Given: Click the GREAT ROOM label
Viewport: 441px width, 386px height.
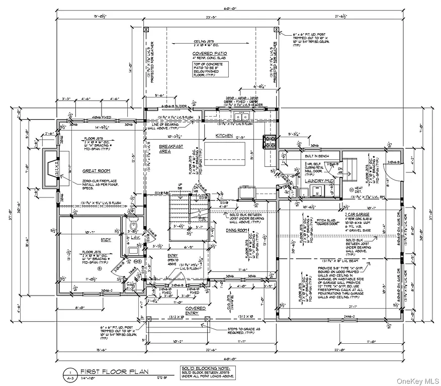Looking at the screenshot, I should (96, 171).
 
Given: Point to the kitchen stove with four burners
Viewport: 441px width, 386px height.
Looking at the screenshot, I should (269, 143).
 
